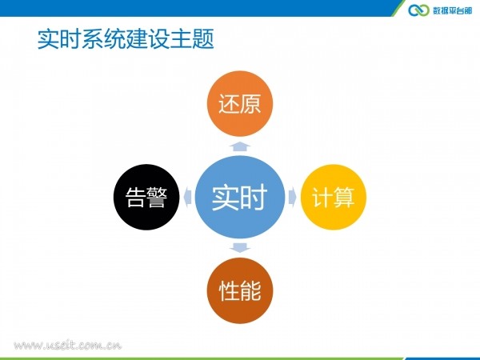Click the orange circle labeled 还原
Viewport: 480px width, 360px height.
point(240,103)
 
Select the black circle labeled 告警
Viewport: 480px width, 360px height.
point(146,197)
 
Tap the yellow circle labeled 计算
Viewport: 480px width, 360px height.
point(334,197)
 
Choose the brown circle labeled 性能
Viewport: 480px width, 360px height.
point(240,290)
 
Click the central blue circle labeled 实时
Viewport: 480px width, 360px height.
point(240,197)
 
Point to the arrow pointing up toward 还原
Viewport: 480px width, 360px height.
point(240,146)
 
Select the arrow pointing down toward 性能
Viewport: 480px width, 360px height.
point(240,248)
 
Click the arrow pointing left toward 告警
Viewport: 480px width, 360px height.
point(187,197)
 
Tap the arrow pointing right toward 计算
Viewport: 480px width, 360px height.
point(292,197)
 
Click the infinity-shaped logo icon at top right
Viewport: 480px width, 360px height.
point(418,10)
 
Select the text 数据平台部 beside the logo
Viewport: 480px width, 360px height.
point(453,10)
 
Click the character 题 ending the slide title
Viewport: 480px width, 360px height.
point(203,39)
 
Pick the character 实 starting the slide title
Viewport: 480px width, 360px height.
point(48,39)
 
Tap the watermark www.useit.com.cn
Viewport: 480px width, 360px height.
point(68,345)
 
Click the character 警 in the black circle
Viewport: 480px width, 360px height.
point(157,198)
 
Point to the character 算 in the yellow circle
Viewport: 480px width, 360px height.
point(344,198)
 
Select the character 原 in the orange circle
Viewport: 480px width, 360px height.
point(250,104)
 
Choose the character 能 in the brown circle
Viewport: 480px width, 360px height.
point(250,291)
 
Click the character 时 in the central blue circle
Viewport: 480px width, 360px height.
point(254,198)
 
